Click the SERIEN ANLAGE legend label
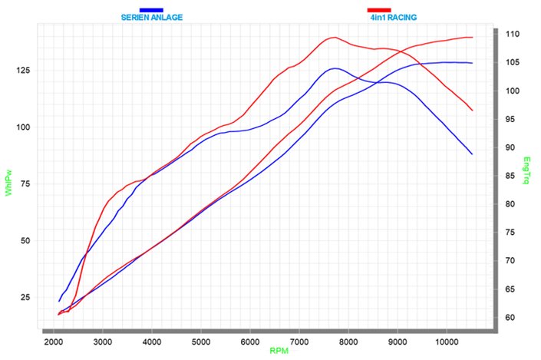click(x=152, y=17)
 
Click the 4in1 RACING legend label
click(x=391, y=17)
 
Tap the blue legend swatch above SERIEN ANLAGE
click(x=151, y=10)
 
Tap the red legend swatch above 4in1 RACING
click(x=379, y=10)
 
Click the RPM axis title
click(x=280, y=351)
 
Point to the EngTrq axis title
click(x=526, y=170)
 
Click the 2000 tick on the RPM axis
click(x=54, y=340)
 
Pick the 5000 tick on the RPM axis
click(x=201, y=340)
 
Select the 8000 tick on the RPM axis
click(x=348, y=340)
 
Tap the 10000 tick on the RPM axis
click(x=447, y=340)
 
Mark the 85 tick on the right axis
click(x=510, y=176)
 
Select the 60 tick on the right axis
click(x=510, y=317)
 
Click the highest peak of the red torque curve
click(x=335, y=37)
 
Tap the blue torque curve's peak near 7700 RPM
click(x=334, y=68)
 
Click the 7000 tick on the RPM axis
click(x=299, y=340)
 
